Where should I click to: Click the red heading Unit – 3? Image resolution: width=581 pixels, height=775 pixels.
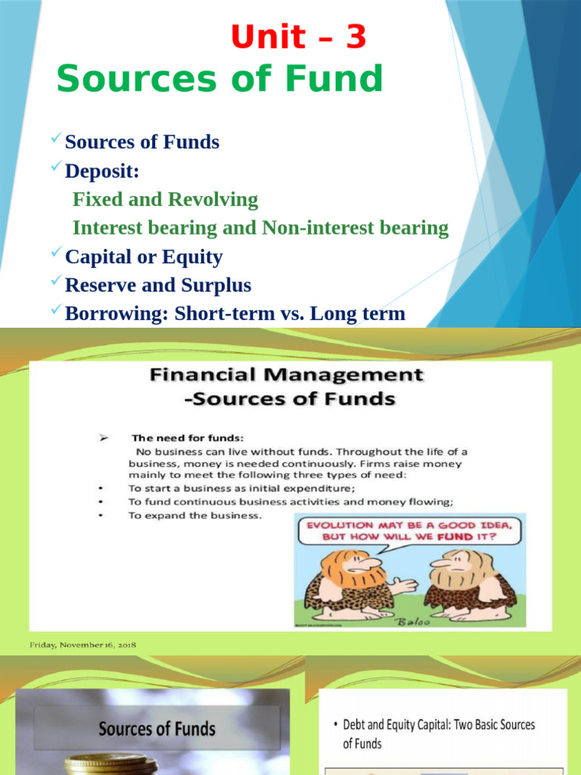point(298,37)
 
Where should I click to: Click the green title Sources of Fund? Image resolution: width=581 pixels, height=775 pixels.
point(219,78)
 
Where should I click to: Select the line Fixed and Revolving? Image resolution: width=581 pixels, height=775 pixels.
point(165,200)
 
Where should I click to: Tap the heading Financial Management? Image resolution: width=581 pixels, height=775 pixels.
point(285,375)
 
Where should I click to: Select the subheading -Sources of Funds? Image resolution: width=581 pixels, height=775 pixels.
point(294,398)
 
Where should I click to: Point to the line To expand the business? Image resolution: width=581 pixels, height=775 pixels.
point(195,515)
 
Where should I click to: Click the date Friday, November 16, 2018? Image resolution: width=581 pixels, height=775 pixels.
point(83,645)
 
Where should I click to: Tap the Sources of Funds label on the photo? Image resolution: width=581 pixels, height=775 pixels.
point(157,729)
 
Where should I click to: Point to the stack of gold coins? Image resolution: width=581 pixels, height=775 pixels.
point(110,765)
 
